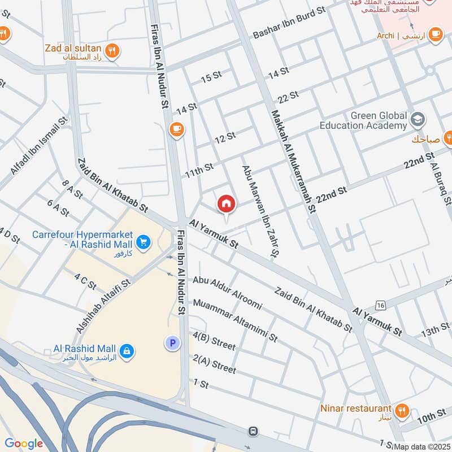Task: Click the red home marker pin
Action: coord(226,204)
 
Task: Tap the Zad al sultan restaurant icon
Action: coord(113,50)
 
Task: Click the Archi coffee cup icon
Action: coord(434,36)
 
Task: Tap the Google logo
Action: coord(24,444)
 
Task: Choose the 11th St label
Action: coord(199,169)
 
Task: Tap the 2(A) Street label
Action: coord(214,364)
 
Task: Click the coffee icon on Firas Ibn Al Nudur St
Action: coord(176,130)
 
